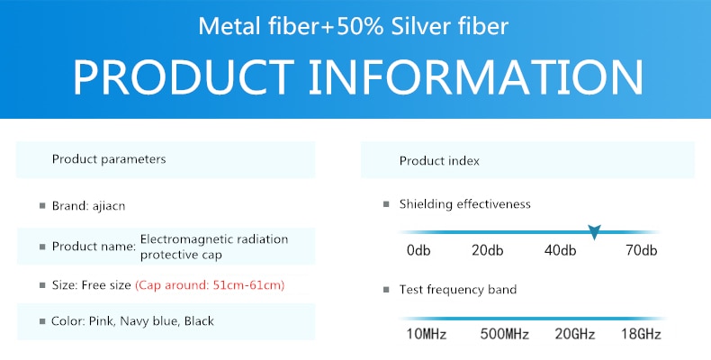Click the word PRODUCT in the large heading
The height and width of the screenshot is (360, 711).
183,77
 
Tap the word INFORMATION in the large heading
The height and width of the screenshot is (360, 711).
475,77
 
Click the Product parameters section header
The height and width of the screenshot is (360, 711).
109,159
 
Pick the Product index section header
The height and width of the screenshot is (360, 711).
439,161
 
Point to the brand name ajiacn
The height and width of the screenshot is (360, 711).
109,206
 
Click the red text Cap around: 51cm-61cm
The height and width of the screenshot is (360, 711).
210,285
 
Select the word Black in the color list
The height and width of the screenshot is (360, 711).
199,321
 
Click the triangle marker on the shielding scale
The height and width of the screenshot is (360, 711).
594,231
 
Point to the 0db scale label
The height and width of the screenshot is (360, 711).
418,250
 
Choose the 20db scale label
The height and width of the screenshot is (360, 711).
488,250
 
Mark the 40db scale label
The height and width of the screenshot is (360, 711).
560,250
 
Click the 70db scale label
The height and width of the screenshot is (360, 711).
641,250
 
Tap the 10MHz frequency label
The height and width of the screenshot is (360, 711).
427,335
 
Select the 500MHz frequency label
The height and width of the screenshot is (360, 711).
505,335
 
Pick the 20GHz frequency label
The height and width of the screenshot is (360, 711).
574,335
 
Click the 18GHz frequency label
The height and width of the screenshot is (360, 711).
641,335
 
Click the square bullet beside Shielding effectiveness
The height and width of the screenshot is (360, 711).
386,204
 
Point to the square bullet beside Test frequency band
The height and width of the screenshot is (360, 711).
386,290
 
